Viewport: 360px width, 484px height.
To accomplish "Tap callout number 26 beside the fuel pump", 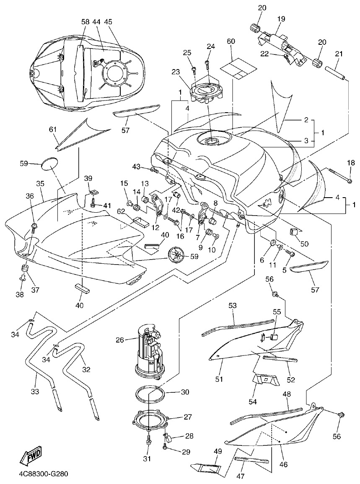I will pyautogui.click(x=120, y=340).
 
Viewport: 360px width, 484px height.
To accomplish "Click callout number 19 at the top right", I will pyautogui.click(x=281, y=19).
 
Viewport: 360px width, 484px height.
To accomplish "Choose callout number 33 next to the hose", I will pyautogui.click(x=35, y=391).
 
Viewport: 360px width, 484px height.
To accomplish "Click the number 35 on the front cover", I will pyautogui.click(x=40, y=183).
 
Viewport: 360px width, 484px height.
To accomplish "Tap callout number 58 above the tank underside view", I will pyautogui.click(x=85, y=21).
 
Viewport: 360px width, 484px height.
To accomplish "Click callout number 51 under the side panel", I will pyautogui.click(x=219, y=379).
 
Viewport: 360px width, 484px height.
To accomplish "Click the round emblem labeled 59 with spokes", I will pyautogui.click(x=178, y=255).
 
